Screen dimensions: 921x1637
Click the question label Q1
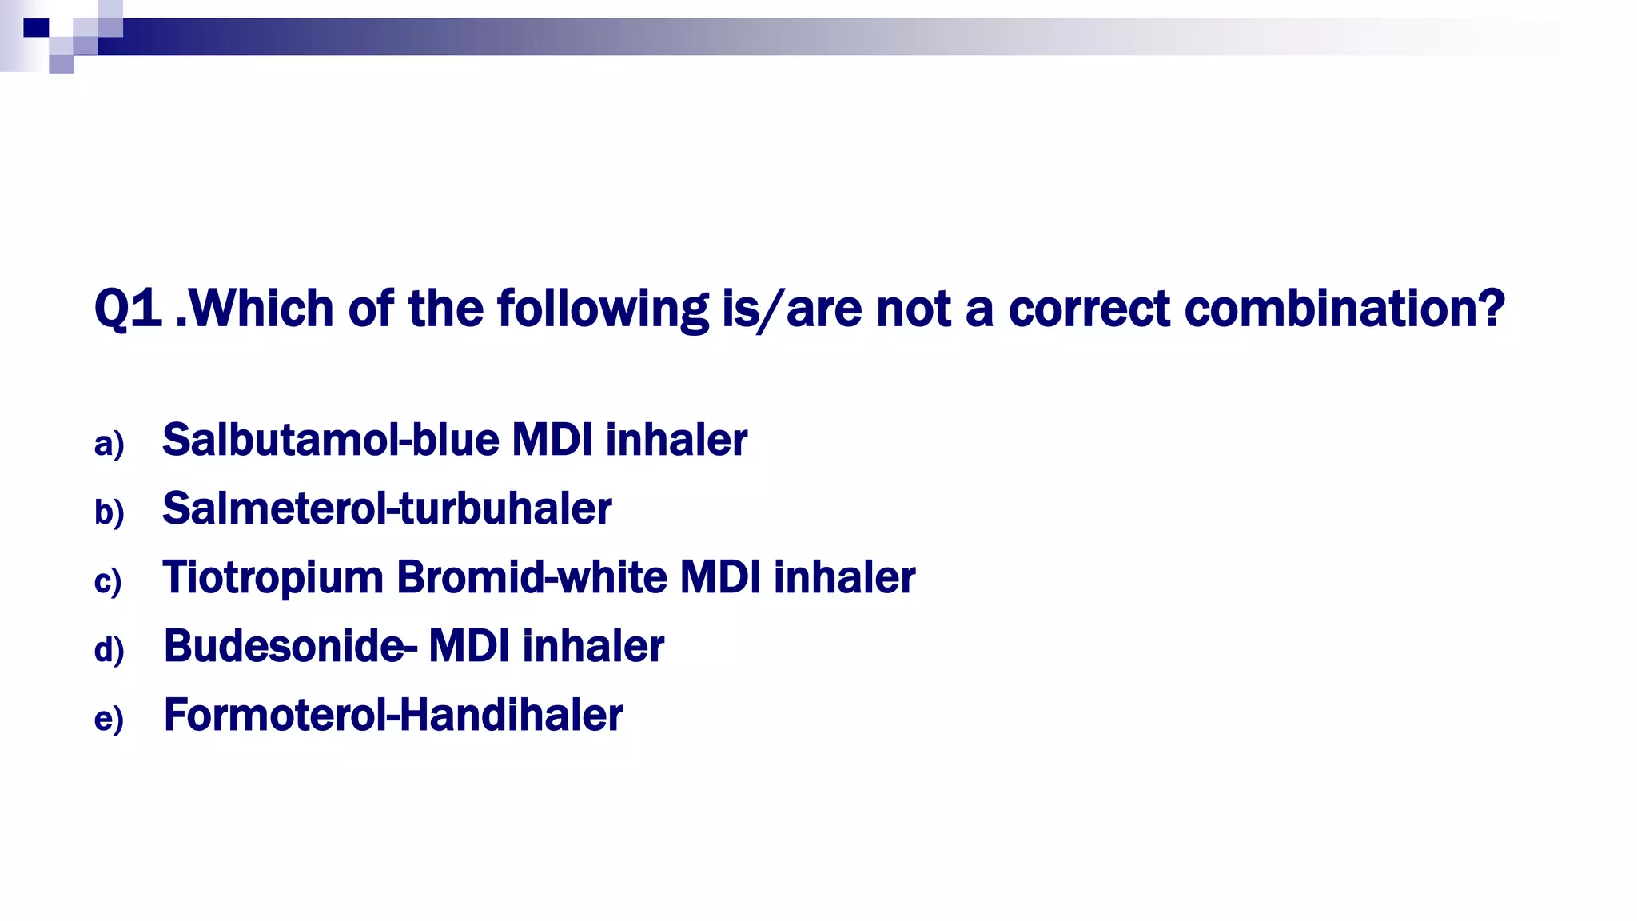(x=128, y=309)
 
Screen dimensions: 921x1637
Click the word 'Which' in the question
(x=261, y=309)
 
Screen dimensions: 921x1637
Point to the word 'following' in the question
(x=602, y=309)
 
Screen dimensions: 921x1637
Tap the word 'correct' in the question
(x=1089, y=309)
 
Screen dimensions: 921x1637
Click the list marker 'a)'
(x=109, y=444)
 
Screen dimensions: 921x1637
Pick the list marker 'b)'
(x=109, y=512)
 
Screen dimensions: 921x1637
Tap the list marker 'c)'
(x=108, y=581)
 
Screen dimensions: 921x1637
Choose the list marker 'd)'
(x=109, y=650)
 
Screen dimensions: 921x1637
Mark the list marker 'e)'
(x=109, y=719)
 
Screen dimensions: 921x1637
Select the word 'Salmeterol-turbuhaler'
(x=387, y=509)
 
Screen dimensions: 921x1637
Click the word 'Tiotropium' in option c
(x=273, y=578)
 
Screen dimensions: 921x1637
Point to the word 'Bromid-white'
(x=532, y=578)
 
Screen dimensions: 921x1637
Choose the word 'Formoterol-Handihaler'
(x=392, y=716)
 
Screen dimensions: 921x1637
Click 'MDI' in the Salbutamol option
(x=552, y=441)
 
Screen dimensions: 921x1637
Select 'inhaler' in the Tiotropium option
(x=844, y=578)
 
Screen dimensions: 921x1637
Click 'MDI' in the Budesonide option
(x=469, y=647)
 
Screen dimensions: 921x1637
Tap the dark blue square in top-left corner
(x=36, y=28)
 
